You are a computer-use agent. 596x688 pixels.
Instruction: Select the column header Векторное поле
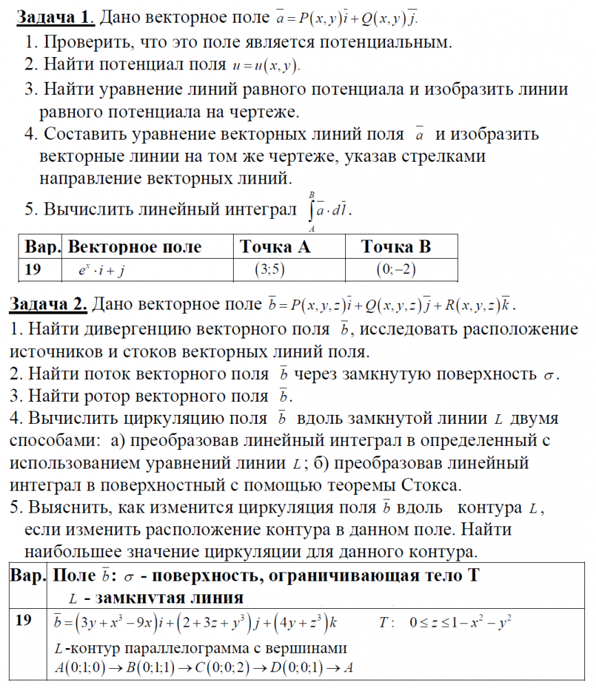pyautogui.click(x=135, y=246)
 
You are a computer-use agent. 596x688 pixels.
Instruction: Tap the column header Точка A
pyautogui.click(x=275, y=246)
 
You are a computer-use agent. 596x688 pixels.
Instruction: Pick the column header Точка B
pyautogui.click(x=396, y=246)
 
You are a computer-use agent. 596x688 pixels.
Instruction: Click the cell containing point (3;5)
pyautogui.click(x=269, y=270)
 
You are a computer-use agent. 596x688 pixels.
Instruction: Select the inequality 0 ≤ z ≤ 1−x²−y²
pyautogui.click(x=461, y=623)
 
